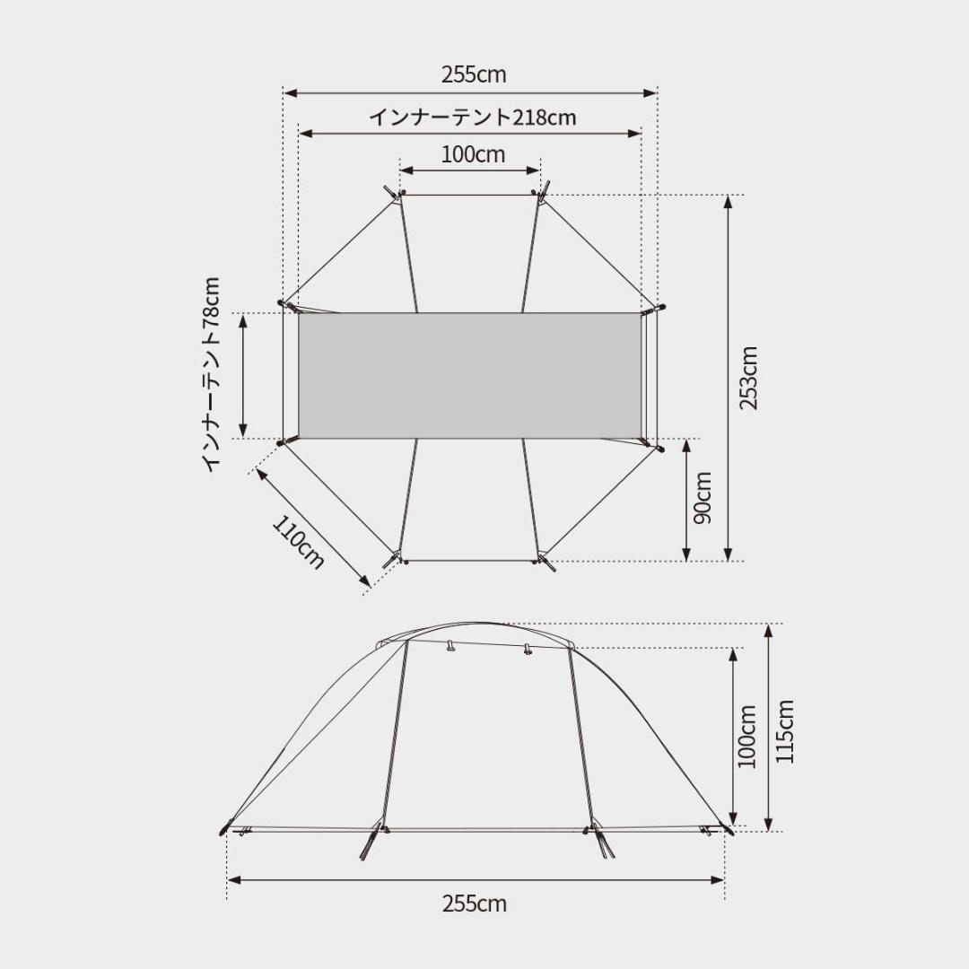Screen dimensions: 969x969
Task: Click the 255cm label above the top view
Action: click(474, 74)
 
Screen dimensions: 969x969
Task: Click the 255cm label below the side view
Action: click(474, 904)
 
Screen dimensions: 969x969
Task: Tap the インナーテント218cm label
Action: click(473, 117)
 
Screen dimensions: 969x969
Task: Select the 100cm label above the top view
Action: click(473, 154)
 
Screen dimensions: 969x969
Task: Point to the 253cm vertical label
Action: click(749, 378)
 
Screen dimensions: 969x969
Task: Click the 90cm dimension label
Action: click(703, 498)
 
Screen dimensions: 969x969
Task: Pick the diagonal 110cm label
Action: click(298, 541)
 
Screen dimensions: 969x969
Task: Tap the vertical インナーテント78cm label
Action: click(211, 375)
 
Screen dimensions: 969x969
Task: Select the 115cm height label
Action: click(784, 732)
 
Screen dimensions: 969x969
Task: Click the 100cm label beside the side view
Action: click(747, 736)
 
